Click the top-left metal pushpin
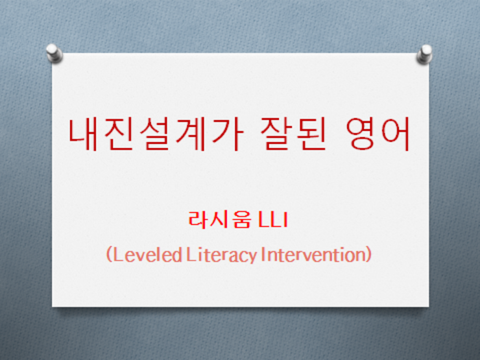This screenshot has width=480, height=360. (54, 53)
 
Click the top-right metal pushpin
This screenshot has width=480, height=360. (424, 54)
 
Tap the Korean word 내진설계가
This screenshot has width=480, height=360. (156, 134)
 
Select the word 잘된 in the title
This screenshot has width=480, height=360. (293, 134)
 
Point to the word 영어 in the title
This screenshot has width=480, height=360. (378, 134)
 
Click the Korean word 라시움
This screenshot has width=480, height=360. (220, 219)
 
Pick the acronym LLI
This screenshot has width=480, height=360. (273, 219)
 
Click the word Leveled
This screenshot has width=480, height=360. (147, 255)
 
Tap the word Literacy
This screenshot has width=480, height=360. (221, 255)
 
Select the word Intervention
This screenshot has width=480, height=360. (313, 254)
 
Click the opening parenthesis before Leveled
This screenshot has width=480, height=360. (109, 255)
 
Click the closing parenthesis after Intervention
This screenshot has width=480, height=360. (369, 255)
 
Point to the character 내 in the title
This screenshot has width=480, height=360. (83, 134)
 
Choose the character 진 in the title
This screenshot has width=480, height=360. (118, 134)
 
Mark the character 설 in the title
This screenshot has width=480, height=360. (154, 134)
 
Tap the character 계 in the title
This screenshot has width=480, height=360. (190, 134)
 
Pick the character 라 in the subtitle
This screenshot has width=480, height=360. (197, 219)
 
